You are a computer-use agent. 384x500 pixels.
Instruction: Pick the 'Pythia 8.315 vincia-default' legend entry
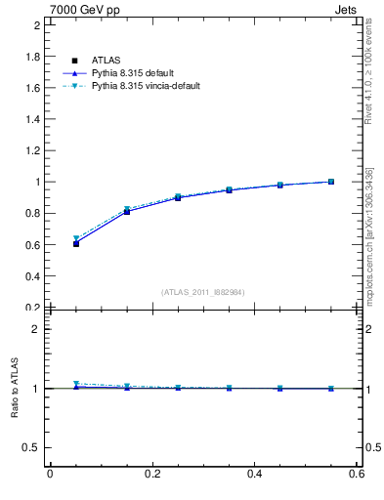point(147,86)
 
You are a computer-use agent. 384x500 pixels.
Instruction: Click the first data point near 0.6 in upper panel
point(75,243)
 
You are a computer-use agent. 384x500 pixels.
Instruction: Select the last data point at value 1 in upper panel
point(331,182)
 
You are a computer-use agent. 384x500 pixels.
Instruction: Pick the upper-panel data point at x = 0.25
point(178,197)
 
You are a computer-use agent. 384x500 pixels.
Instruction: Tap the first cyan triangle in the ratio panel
point(75,384)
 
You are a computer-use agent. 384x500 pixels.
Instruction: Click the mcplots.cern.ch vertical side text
point(369,234)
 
